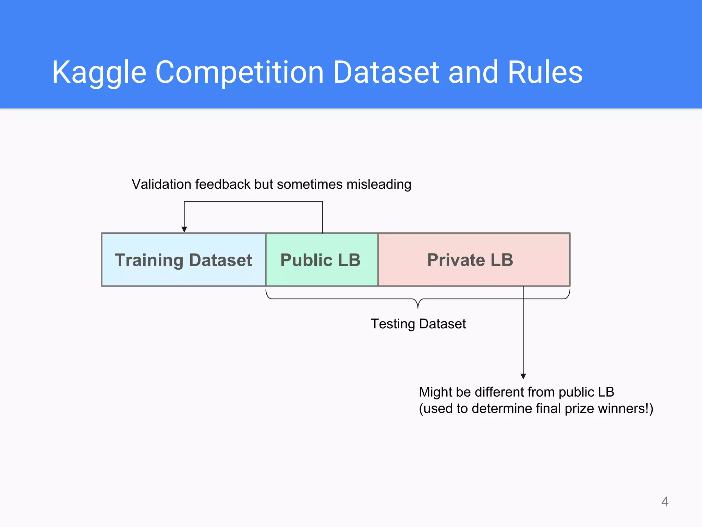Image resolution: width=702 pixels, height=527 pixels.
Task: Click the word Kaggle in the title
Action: click(99, 73)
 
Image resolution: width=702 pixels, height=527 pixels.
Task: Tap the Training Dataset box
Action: click(183, 260)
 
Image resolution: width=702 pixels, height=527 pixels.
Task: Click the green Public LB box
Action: click(321, 260)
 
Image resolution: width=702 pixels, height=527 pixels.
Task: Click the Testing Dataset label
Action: click(418, 324)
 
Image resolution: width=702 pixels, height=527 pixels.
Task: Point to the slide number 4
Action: click(665, 502)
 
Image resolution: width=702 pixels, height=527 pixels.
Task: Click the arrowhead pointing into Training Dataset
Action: click(184, 230)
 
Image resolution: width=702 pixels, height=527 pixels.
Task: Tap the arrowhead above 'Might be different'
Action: click(523, 376)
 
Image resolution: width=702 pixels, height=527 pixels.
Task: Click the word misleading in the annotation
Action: click(378, 184)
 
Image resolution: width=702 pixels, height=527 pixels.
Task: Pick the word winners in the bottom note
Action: click(621, 409)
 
